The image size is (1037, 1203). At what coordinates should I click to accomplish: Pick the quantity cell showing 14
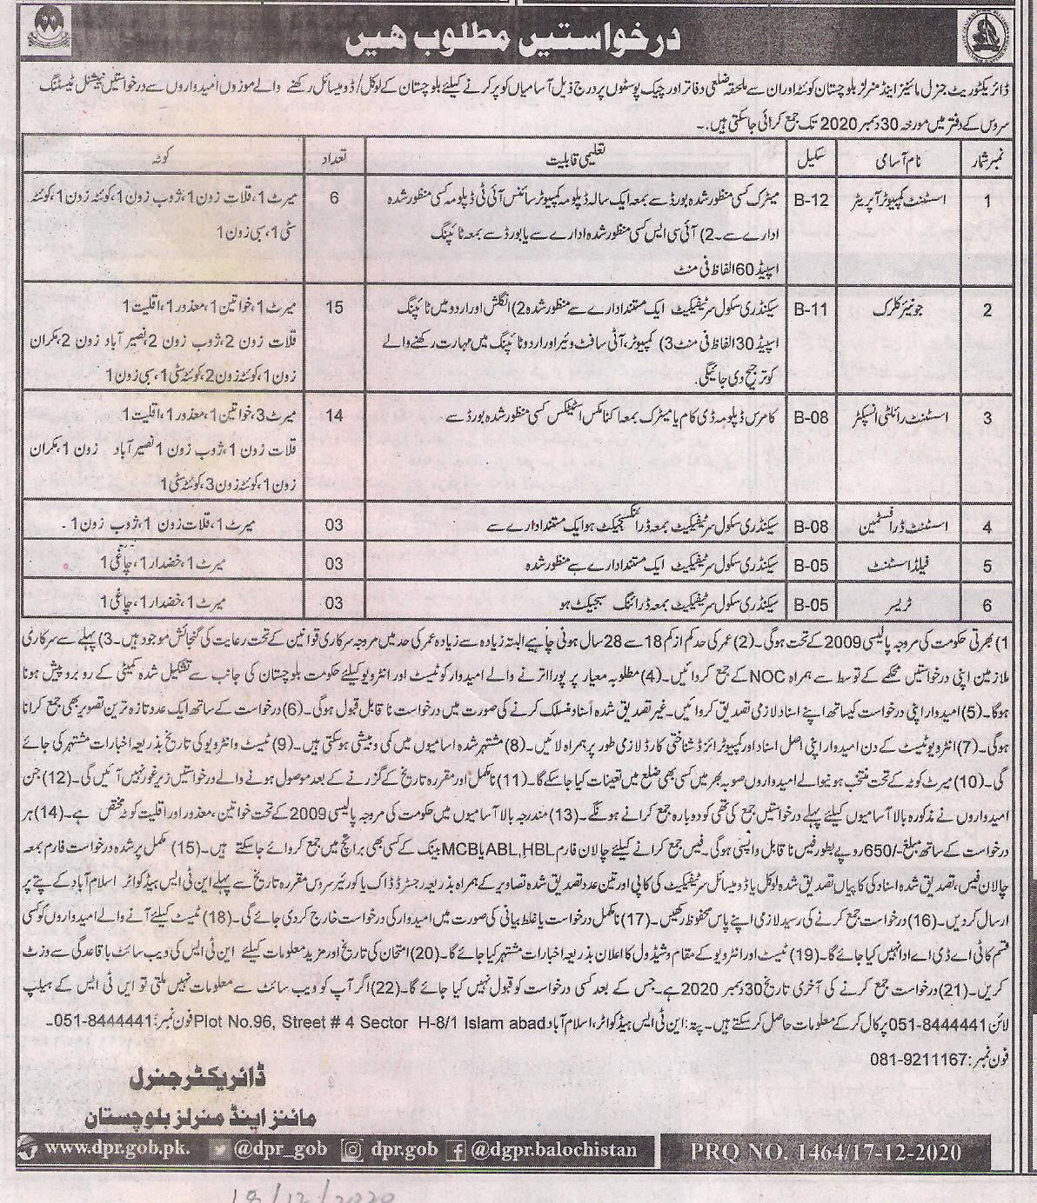click(x=334, y=416)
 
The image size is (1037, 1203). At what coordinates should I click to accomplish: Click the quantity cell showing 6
click(x=334, y=198)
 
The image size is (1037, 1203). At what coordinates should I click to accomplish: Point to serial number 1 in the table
click(x=987, y=199)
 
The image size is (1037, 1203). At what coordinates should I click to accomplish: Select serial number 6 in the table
click(x=987, y=601)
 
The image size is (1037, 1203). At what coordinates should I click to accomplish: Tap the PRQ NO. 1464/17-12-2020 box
click(x=826, y=1152)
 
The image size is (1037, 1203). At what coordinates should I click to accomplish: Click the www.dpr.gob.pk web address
click(x=117, y=1148)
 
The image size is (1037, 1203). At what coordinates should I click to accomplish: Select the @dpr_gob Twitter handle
click(x=284, y=1149)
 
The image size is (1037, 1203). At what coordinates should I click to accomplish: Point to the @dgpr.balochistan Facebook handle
click(x=553, y=1150)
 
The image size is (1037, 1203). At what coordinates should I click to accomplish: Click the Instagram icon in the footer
click(x=352, y=1150)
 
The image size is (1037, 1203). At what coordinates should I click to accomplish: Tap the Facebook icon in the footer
click(x=455, y=1150)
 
